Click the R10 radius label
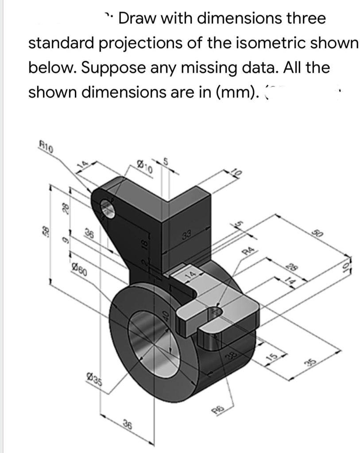point(46,147)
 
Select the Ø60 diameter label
point(79,269)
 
